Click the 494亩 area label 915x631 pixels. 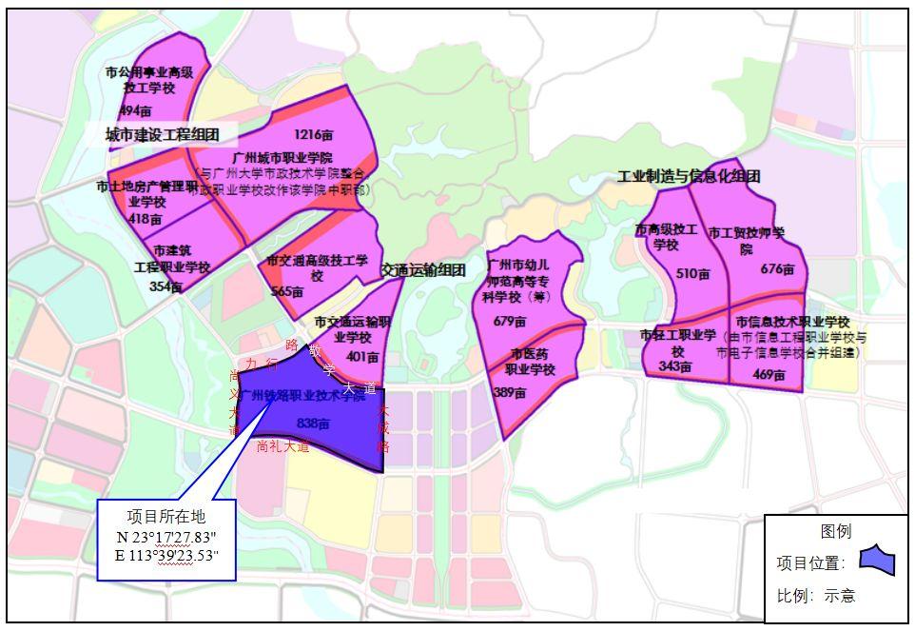(135, 111)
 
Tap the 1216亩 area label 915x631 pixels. (313, 134)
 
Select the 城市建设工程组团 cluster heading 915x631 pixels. (163, 135)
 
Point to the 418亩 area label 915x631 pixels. (146, 219)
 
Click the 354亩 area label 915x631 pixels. (165, 286)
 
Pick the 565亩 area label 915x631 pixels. (286, 291)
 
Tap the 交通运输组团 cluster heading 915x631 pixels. (423, 270)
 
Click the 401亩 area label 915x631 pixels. (363, 357)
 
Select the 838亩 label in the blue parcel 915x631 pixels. (313, 423)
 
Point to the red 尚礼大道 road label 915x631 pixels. (283, 446)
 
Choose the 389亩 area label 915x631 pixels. (510, 391)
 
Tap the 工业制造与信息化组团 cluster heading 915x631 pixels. (689, 177)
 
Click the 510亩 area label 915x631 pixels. (693, 274)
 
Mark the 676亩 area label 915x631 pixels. (777, 268)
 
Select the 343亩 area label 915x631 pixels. (674, 366)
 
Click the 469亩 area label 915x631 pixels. (769, 375)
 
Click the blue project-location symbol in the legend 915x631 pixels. (876, 565)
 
